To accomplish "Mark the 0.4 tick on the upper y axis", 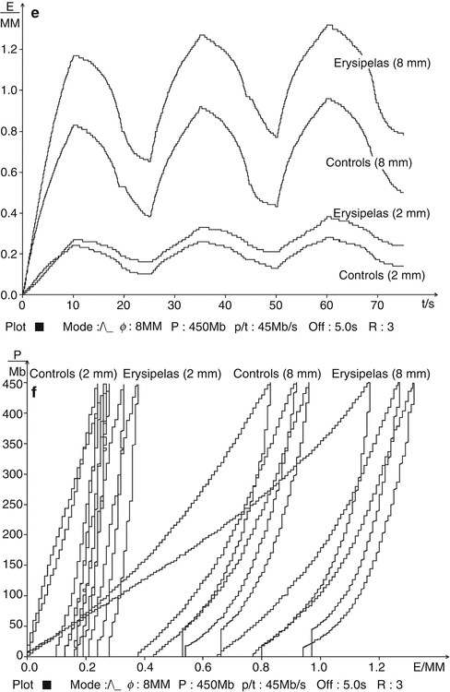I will [10, 213].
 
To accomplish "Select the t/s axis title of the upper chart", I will [427, 302].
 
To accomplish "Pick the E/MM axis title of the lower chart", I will [428, 664].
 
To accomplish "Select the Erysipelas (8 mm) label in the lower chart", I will [379, 374].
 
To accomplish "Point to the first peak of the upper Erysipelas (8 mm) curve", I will [77, 56].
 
